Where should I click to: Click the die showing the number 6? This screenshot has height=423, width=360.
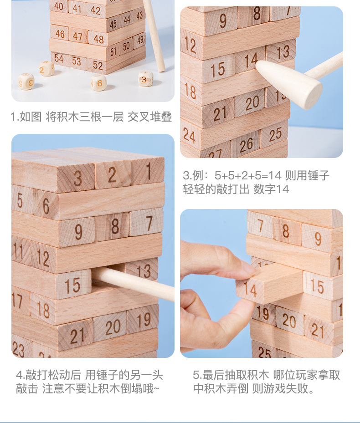point(99,82)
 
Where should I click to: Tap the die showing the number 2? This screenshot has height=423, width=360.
point(46,68)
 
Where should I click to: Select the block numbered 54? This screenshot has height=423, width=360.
point(59,58)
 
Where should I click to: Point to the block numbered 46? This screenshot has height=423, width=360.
point(59,33)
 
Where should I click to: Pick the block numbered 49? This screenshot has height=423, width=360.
point(139,41)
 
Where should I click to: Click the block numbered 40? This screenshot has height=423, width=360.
point(59,6)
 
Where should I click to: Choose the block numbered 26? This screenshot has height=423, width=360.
point(246,145)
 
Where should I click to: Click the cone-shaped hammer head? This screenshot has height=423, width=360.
point(289,84)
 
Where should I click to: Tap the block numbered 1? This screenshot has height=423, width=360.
point(148,171)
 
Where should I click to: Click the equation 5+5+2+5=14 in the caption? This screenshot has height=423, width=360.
point(248,176)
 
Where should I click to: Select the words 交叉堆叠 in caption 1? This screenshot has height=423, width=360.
point(149,117)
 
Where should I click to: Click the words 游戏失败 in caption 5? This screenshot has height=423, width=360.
point(286,389)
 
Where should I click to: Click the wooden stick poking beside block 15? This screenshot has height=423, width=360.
point(133,283)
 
